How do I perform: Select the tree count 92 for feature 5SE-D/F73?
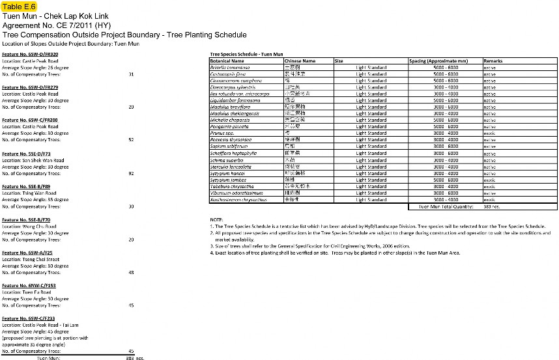point(131,173)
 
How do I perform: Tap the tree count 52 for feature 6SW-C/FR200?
point(131,139)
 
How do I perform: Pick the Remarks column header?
point(493,61)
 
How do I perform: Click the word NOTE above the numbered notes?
point(216,219)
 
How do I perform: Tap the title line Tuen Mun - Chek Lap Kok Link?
point(56,16)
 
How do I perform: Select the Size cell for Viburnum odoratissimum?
point(371,193)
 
